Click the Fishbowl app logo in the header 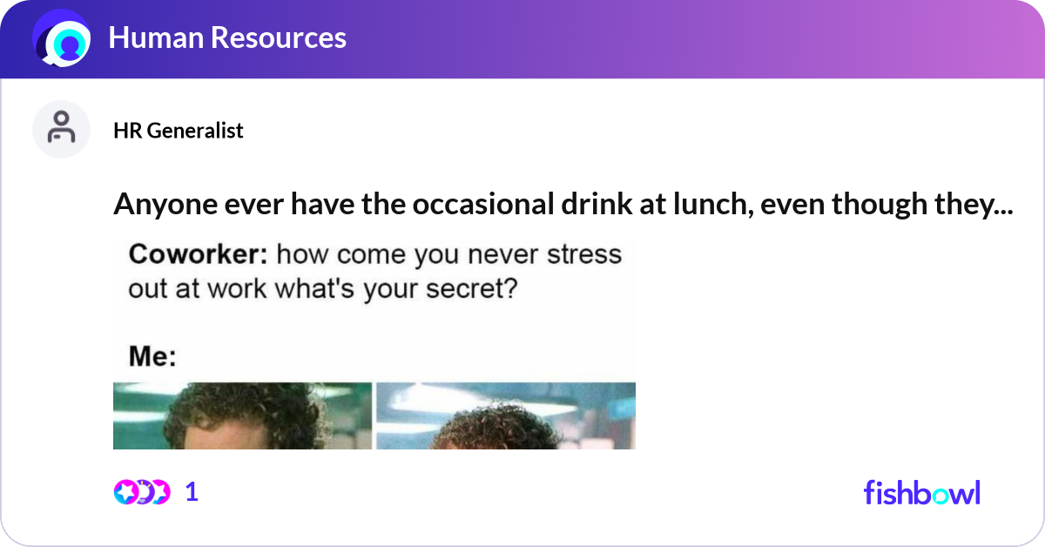coord(62,39)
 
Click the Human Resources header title coord(227,37)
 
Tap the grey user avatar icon coord(61,129)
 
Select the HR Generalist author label coord(179,131)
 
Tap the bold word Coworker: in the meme coord(199,254)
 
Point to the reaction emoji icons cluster coord(142,492)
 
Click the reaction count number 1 coord(192,492)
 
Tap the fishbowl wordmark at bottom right coord(921,493)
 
